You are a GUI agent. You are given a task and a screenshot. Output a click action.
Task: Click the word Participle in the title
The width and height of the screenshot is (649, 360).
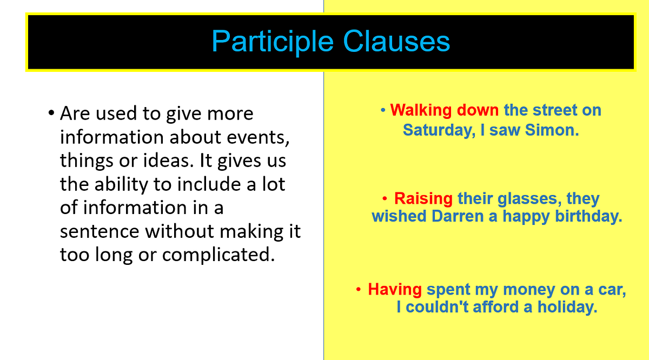click(x=273, y=42)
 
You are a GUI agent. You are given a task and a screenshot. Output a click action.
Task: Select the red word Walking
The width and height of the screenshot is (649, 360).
click(x=421, y=110)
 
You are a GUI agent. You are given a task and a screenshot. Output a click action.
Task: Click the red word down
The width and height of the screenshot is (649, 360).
click(x=478, y=110)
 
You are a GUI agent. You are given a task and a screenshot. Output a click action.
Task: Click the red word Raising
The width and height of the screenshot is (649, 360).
click(x=423, y=198)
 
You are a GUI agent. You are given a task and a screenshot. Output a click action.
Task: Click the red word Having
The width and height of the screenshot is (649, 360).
click(x=395, y=289)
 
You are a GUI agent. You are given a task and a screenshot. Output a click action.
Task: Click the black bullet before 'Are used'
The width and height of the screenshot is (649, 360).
click(x=51, y=114)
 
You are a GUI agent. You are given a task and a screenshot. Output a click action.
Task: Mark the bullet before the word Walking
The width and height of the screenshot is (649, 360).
click(x=383, y=110)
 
